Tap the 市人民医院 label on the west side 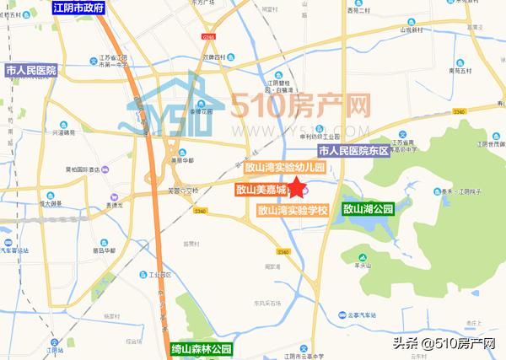[30, 70]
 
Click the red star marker [298, 189]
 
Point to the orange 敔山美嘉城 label [261, 191]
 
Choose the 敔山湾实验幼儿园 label [286, 169]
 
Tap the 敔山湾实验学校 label [293, 210]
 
